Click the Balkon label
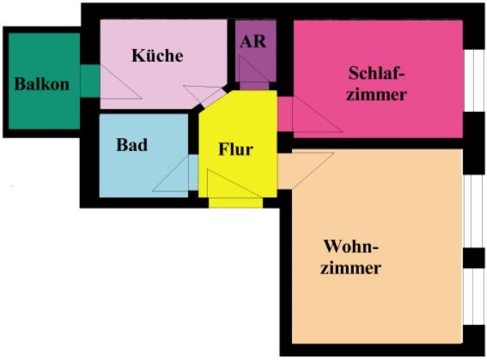42,84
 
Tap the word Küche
157,55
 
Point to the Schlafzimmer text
376,84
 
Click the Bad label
132,145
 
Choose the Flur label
235,150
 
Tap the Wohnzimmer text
351,257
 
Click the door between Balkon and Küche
90,81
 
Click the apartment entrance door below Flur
235,202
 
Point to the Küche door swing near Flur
204,94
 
